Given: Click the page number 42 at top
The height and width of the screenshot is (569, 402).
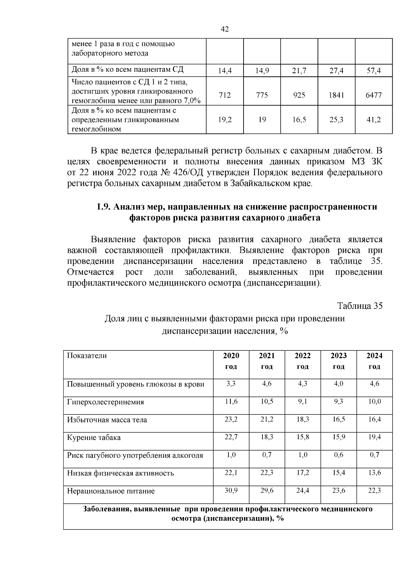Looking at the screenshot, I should point(225,30).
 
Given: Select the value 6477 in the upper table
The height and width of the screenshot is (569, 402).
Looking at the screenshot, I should point(374,95).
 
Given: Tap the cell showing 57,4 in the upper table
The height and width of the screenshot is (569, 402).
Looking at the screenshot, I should point(374,71).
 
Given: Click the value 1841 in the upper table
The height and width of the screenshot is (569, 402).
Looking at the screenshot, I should point(336,95).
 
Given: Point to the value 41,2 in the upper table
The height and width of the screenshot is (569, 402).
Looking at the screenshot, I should point(374,120).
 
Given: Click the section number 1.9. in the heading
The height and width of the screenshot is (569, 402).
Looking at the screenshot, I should point(104,207).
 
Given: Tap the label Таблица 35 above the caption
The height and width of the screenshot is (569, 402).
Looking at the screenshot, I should point(360,306).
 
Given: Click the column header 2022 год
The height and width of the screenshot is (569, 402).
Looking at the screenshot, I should point(303,361).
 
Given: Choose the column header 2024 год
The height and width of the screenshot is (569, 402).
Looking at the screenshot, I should point(374,361).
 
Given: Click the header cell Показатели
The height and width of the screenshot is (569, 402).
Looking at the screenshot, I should point(87,356).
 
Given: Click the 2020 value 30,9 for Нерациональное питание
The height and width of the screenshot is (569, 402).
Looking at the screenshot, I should point(231,491).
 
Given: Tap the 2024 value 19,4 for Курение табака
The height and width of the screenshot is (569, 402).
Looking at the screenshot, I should point(374,437).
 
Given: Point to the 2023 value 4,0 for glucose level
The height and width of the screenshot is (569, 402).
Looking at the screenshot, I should point(338,384).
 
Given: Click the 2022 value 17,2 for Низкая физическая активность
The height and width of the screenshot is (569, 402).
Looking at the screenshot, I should point(303,473).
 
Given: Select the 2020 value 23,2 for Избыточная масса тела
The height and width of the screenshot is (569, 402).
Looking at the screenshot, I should point(231,419).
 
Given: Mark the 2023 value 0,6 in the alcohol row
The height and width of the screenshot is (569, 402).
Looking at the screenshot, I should point(338,455).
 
